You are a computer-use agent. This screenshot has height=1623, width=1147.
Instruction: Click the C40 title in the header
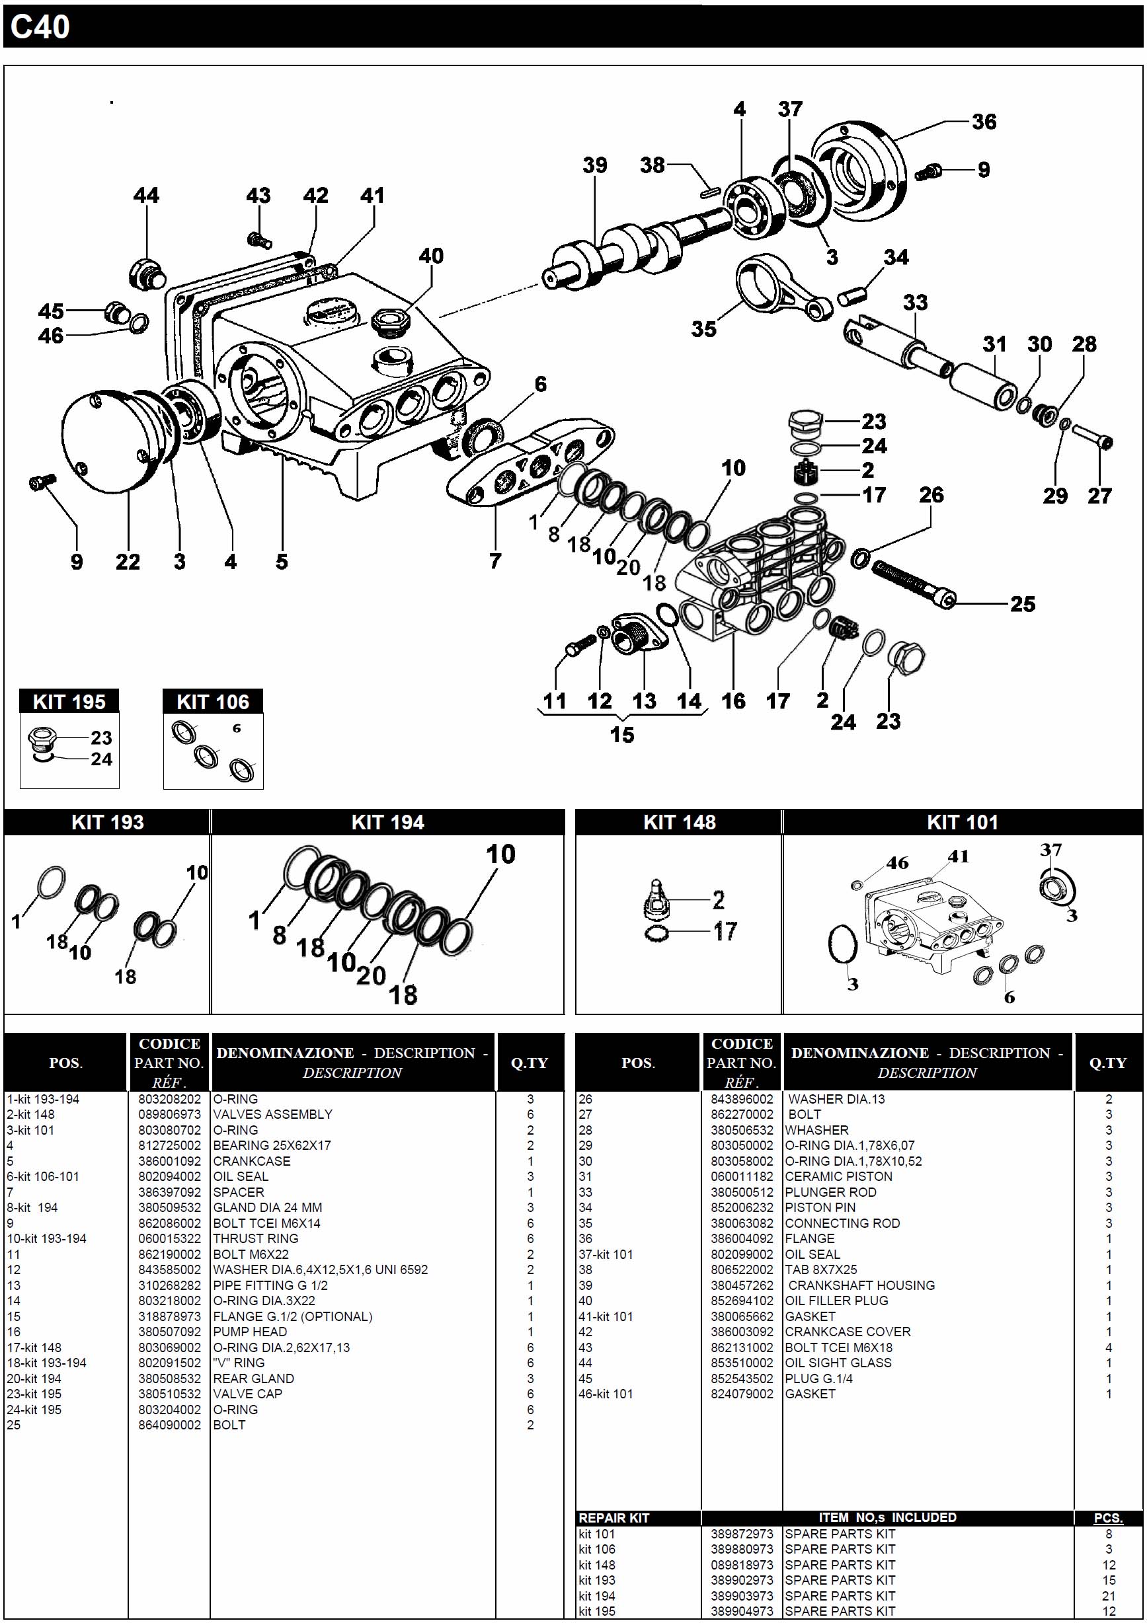(x=40, y=27)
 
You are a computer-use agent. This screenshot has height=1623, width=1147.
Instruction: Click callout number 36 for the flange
(x=984, y=122)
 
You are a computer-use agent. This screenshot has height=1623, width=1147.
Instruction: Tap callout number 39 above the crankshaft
(x=595, y=165)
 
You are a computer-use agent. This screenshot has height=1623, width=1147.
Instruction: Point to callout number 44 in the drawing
(x=146, y=196)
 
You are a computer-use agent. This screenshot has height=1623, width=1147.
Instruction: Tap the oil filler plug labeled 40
(x=387, y=322)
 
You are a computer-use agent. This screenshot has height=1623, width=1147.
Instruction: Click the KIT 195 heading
(x=69, y=702)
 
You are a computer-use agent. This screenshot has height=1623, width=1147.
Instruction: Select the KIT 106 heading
(x=213, y=702)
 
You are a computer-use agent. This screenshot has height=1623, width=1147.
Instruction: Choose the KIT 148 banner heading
(x=679, y=822)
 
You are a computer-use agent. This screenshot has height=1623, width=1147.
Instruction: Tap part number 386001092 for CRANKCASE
(x=169, y=1160)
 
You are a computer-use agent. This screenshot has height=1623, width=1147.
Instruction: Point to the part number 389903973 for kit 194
(x=742, y=1595)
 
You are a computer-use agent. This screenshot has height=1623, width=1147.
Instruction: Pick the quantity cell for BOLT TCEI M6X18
(x=1108, y=1347)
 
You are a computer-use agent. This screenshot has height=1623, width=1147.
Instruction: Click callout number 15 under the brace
(x=621, y=735)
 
